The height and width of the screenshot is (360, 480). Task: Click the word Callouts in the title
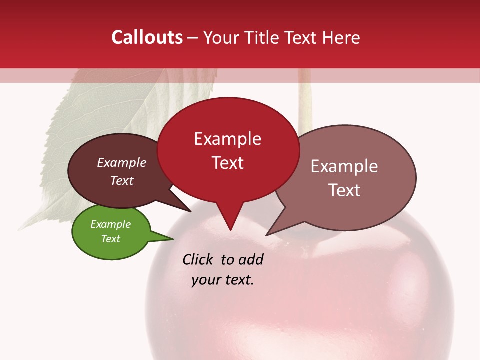147,37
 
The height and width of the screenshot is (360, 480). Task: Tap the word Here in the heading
339,37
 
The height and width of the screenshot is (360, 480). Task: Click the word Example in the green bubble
111,224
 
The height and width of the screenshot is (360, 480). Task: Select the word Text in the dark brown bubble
122,180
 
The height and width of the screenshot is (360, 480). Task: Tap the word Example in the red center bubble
227,139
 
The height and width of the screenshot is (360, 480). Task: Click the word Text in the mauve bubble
344,190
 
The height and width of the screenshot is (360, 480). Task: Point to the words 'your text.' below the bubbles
223,280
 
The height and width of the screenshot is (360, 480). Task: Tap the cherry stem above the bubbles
305,100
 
